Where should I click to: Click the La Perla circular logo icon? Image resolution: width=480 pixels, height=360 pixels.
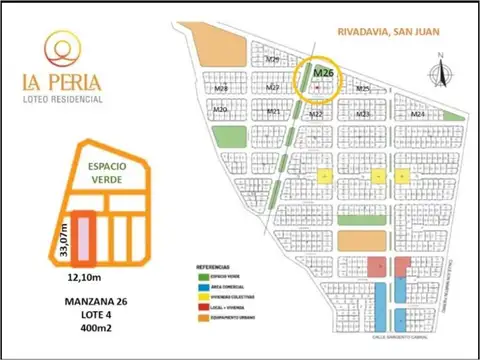click(63, 44)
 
